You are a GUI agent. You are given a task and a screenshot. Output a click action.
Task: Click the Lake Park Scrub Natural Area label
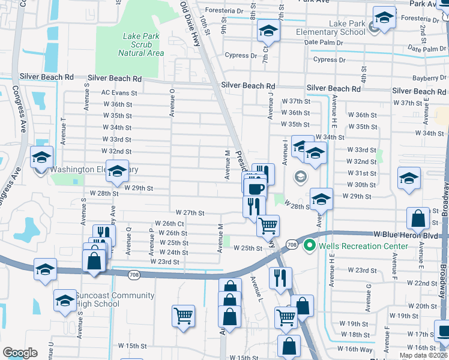(141, 44)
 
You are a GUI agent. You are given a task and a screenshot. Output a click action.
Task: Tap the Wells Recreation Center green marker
(309, 245)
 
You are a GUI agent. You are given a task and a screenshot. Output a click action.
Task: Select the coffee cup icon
(256, 188)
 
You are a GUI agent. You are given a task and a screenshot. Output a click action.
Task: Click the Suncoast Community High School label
(98, 299)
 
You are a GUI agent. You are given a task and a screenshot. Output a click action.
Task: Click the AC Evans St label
(119, 93)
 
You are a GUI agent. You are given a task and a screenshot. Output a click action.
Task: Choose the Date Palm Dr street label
(324, 43)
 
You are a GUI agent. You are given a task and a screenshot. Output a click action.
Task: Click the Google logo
(20, 353)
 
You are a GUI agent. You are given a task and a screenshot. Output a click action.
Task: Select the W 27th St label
(190, 213)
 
